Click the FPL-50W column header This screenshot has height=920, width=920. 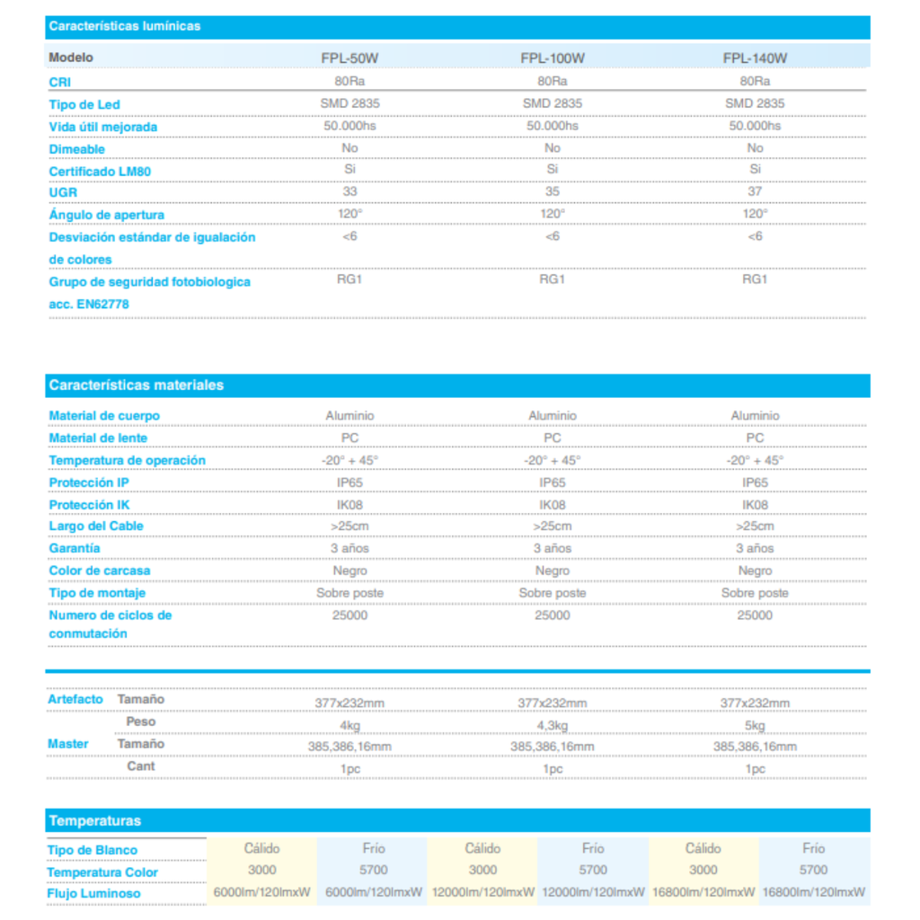(349, 58)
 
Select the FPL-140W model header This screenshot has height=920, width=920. (755, 58)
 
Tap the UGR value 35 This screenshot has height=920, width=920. (553, 191)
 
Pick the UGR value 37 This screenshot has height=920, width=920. (755, 191)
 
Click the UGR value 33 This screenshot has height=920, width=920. (349, 191)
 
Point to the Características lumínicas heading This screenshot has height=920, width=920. (125, 26)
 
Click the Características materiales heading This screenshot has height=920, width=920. (137, 385)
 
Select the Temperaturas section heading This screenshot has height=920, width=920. (95, 820)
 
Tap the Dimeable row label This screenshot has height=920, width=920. (77, 149)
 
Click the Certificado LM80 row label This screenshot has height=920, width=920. (101, 171)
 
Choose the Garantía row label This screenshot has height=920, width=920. (75, 548)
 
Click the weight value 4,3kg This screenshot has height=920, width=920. (553, 725)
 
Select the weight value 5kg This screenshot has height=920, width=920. (755, 725)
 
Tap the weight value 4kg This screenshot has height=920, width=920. (349, 725)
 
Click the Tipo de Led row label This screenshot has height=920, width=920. (84, 105)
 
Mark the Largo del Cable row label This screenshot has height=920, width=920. (96, 526)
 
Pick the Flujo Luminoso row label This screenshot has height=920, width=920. (93, 894)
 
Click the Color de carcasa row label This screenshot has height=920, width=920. (100, 571)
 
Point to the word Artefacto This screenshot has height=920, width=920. (75, 699)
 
